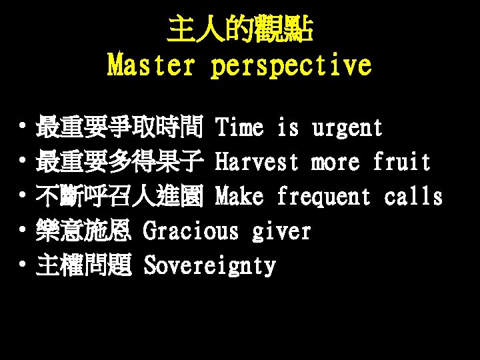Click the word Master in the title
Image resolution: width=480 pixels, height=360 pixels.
(x=152, y=65)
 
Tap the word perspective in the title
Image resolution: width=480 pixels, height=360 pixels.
(x=291, y=65)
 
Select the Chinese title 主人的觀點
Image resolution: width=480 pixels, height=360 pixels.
(x=239, y=30)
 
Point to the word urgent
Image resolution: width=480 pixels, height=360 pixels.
(x=347, y=127)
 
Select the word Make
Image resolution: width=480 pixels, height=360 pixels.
(x=241, y=196)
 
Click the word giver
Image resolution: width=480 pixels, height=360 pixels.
(x=281, y=231)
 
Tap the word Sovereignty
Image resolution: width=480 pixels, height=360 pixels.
(x=209, y=265)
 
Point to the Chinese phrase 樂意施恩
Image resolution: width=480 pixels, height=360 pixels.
(x=85, y=231)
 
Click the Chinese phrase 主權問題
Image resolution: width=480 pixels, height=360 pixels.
(x=85, y=265)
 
